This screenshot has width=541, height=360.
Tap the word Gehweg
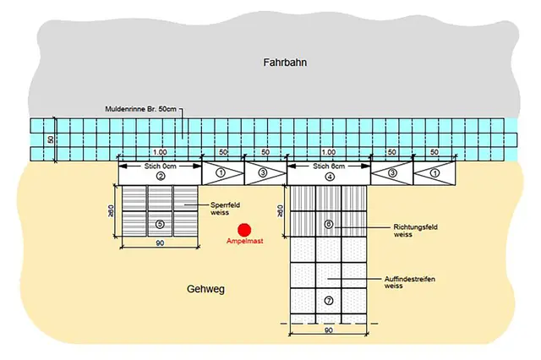click(x=205, y=289)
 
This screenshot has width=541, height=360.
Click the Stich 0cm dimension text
click(x=160, y=166)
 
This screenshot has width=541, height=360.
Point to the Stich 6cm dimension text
click(x=329, y=166)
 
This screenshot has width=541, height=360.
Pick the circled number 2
click(x=160, y=177)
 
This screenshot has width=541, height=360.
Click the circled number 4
click(x=329, y=177)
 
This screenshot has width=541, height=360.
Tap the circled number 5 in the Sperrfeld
click(x=160, y=225)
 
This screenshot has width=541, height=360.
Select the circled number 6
click(x=329, y=225)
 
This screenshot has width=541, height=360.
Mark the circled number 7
click(x=329, y=300)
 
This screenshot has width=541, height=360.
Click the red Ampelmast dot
click(x=244, y=228)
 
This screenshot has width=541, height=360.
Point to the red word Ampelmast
click(x=244, y=242)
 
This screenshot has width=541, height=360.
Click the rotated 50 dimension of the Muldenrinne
click(x=51, y=139)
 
